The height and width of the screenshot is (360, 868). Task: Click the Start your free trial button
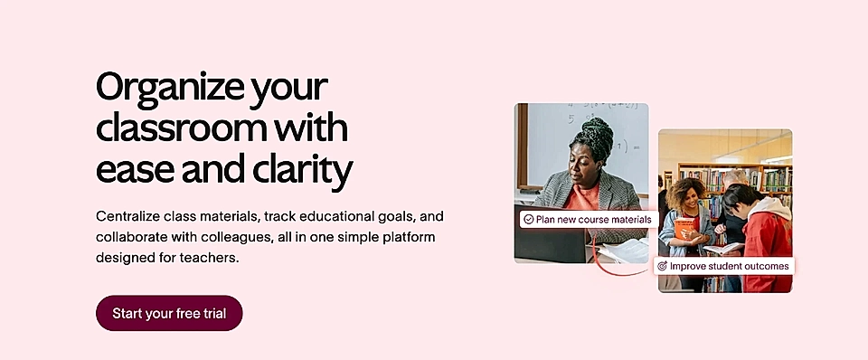(169, 313)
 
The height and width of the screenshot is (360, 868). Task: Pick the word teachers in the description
(212, 258)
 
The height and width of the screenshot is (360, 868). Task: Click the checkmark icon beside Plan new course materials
(528, 220)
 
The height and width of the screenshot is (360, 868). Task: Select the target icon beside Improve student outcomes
(662, 267)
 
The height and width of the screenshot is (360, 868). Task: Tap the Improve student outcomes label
(729, 267)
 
